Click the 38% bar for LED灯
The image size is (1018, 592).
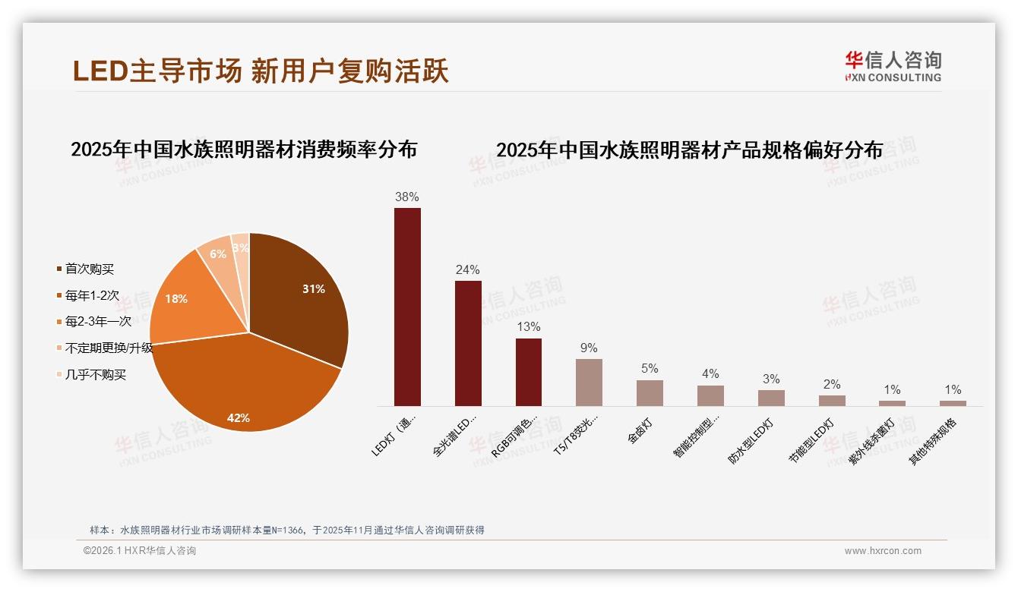point(407,307)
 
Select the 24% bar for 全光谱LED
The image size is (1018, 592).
point(468,343)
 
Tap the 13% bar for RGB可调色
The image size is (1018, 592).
point(529,372)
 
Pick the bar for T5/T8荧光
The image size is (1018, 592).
point(589,383)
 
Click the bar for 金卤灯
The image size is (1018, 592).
point(650,393)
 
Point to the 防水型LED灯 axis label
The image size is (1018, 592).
point(751,440)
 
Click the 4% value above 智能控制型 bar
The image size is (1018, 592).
point(710,374)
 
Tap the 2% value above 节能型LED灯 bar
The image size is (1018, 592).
point(832,385)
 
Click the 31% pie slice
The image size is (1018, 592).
point(300,296)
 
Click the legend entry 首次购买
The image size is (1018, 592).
point(90,269)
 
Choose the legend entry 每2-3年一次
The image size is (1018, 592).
point(98,322)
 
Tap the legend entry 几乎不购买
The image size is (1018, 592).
point(95,375)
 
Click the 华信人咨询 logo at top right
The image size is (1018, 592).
point(893,67)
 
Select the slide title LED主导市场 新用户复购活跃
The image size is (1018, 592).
point(261,71)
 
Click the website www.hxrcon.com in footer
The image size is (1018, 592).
point(883,551)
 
